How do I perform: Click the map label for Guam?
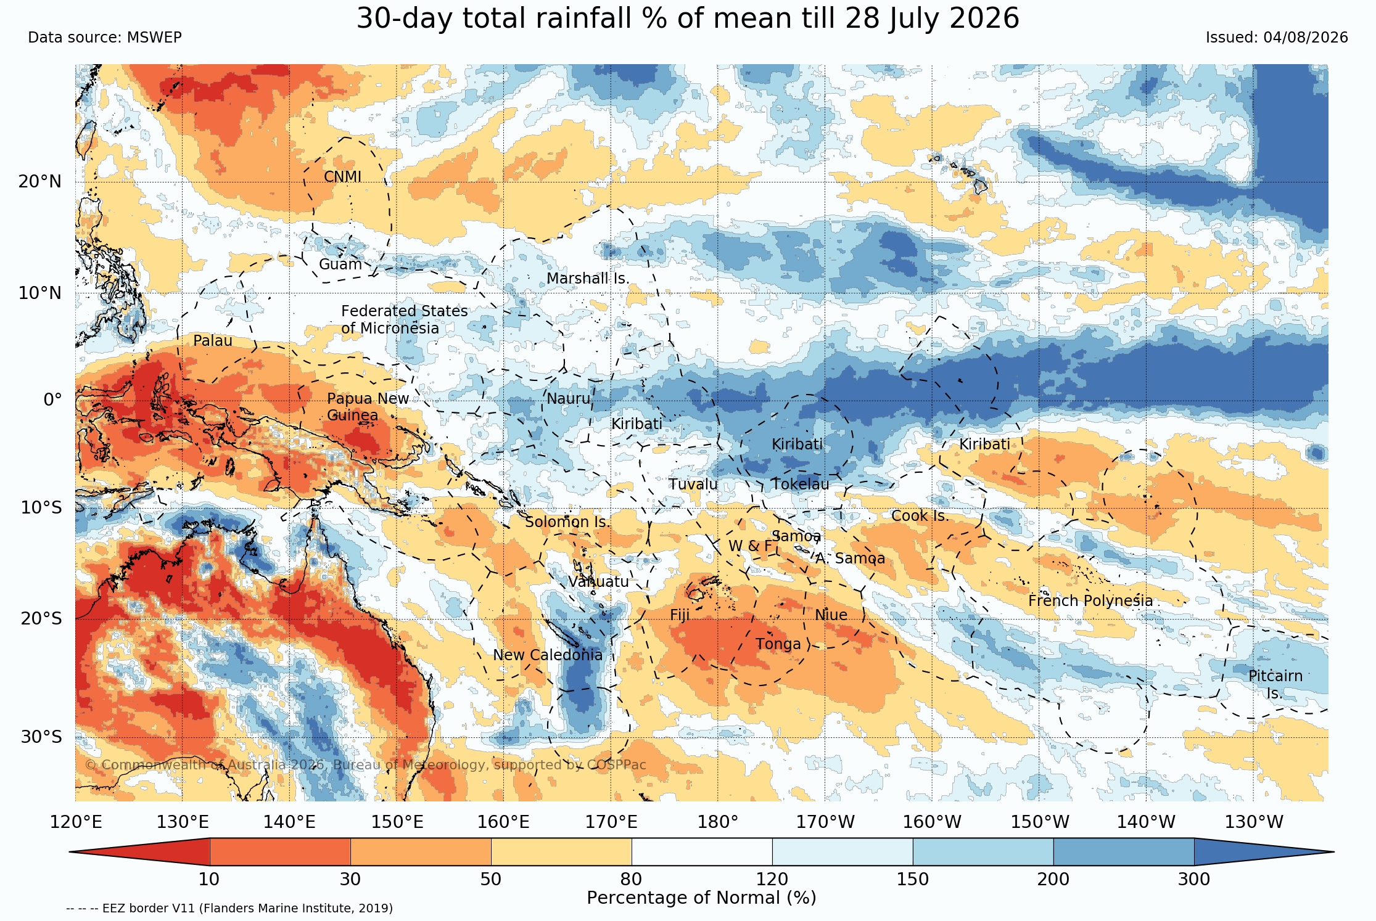click(340, 264)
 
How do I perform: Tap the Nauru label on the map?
click(569, 399)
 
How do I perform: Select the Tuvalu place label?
click(693, 485)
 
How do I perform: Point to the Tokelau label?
click(801, 485)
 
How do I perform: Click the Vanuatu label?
click(599, 582)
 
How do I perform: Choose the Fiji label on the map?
click(680, 615)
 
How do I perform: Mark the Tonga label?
click(778, 644)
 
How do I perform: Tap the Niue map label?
click(831, 615)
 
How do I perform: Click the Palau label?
click(213, 341)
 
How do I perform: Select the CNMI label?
click(343, 177)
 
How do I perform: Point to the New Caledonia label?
click(548, 655)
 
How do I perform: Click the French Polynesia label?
click(1090, 601)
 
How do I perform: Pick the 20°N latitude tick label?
click(40, 182)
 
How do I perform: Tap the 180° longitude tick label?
click(718, 822)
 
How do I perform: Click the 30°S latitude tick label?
click(41, 737)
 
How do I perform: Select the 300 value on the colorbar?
click(1194, 879)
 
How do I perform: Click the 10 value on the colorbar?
click(209, 879)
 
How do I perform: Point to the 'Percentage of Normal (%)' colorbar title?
click(701, 898)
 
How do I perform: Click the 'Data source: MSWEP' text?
click(105, 38)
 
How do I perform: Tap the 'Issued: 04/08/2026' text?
click(1277, 38)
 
